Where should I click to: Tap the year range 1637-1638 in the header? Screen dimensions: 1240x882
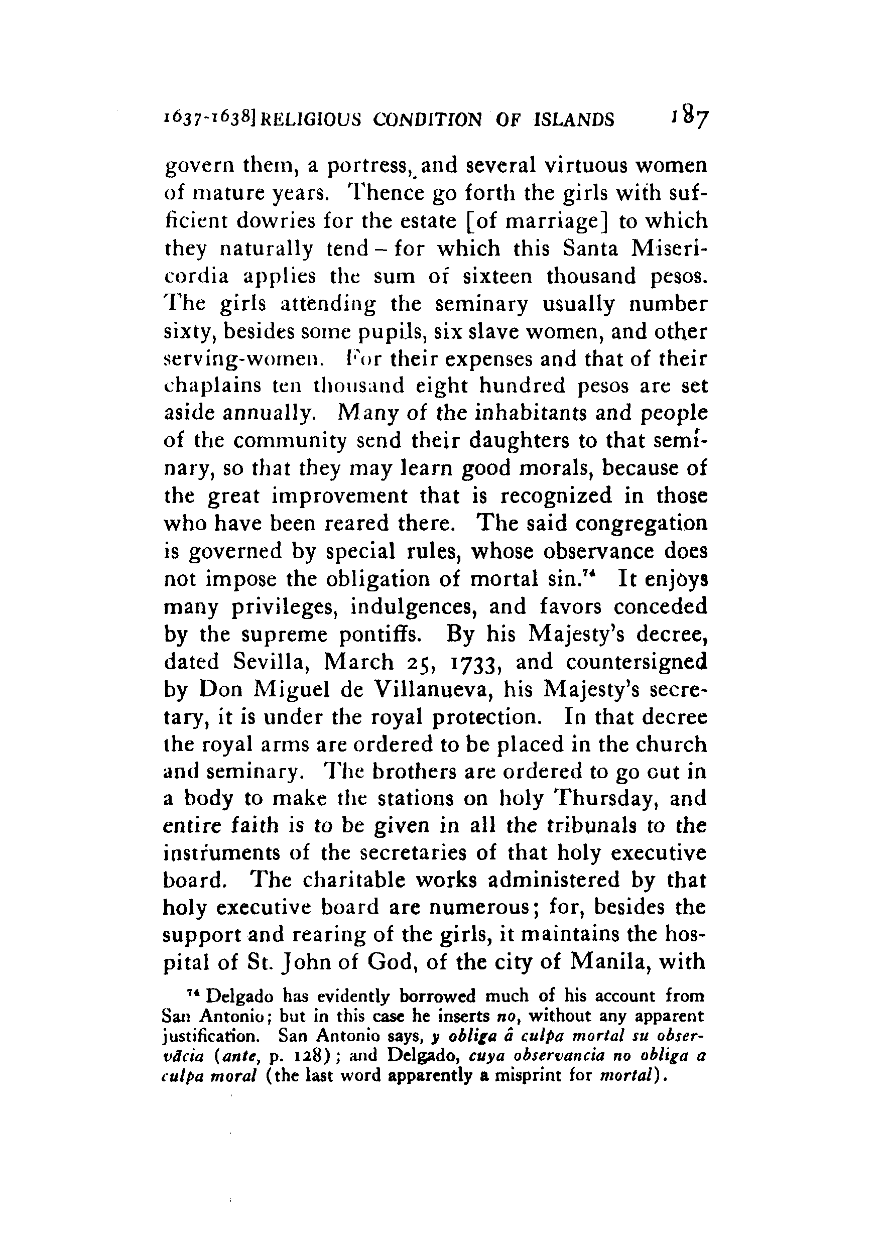(211, 118)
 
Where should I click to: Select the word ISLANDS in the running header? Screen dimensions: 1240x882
(575, 119)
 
